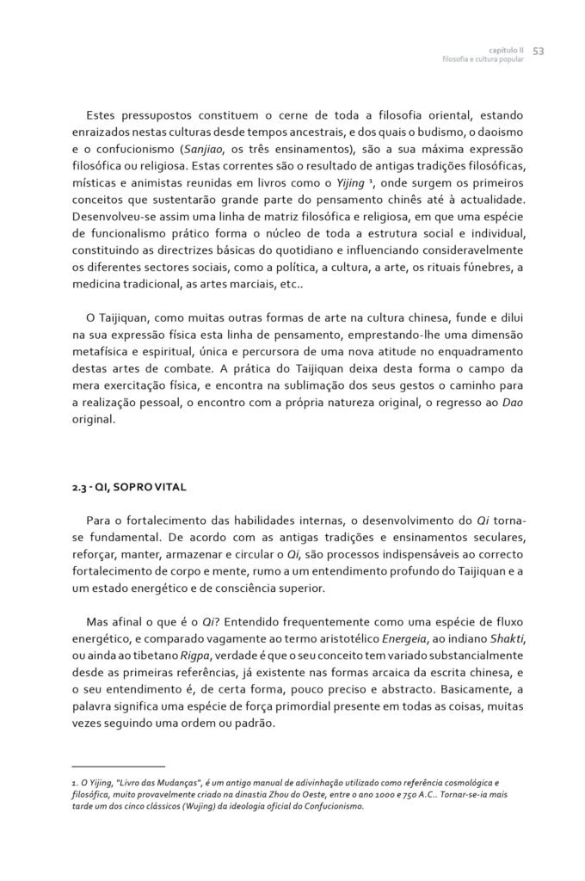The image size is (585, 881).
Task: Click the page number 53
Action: [x=539, y=51]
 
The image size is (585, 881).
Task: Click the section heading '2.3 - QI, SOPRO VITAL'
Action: [x=130, y=487]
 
